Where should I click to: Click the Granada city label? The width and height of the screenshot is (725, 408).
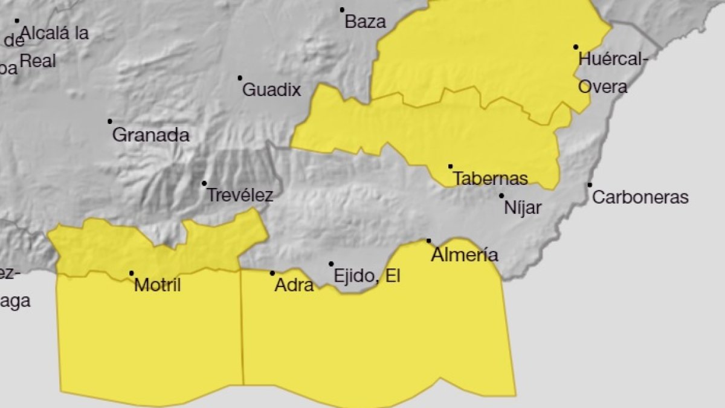tap(150, 135)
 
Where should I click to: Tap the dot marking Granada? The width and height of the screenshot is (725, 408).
tap(110, 121)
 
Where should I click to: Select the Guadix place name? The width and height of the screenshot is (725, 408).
tap(271, 91)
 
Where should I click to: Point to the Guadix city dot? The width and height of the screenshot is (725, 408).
tap(240, 78)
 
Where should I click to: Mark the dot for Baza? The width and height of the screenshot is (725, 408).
tap(342, 10)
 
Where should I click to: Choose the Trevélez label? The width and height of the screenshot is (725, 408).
tap(240, 196)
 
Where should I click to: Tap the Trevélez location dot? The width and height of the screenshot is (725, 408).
tap(204, 183)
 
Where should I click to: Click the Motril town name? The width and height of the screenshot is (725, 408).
tap(157, 285)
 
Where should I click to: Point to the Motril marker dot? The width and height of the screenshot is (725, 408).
tap(132, 273)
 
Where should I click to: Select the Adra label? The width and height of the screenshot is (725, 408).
tap(294, 285)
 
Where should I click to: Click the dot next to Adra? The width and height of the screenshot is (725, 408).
tap(272, 273)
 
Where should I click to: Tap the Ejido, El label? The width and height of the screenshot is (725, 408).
tap(367, 277)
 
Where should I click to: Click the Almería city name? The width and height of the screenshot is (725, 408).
tap(464, 255)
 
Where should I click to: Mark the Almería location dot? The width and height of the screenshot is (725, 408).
tap(429, 241)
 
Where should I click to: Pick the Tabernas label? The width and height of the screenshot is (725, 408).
tap(490, 179)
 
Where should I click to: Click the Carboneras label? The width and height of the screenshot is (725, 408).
tap(640, 198)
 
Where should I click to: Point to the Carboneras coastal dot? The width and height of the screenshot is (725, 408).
tap(590, 185)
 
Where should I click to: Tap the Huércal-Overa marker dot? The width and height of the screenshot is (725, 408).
tap(576, 47)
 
